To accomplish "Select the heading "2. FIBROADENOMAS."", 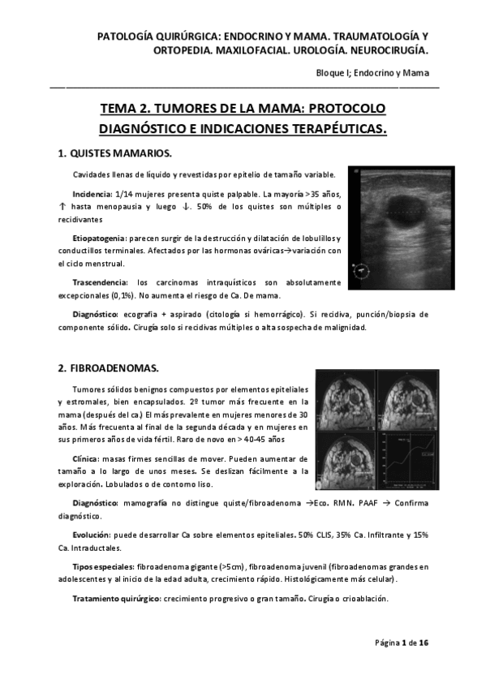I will [108, 368].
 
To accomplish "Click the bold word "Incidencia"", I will [92, 195].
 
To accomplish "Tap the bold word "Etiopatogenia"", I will [98, 238].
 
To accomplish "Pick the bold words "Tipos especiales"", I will [102, 566].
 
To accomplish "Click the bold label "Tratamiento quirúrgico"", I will [116, 599].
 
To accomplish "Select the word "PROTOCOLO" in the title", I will [347, 108].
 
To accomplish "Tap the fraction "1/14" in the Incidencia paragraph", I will [127, 195].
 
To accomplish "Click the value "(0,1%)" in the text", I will [123, 296].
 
